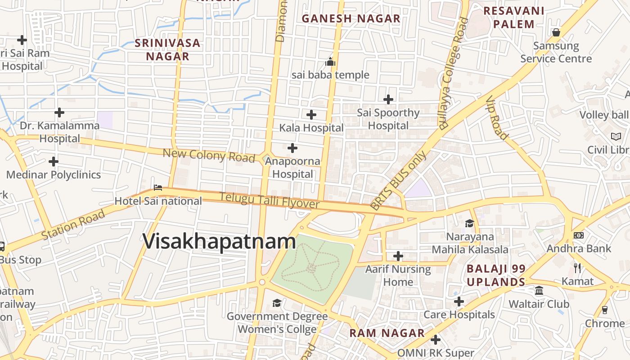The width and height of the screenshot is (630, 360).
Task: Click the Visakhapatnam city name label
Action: click(219, 242)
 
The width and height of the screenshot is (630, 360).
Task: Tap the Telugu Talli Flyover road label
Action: click(269, 200)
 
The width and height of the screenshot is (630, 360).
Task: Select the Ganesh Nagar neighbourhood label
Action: click(351, 18)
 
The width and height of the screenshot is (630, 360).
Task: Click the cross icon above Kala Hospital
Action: click(311, 114)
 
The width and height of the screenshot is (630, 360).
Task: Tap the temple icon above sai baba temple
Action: click(330, 62)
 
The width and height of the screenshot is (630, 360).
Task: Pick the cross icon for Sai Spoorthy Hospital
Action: click(388, 99)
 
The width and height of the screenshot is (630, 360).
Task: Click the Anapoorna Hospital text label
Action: click(292, 167)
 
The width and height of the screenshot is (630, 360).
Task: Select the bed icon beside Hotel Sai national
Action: click(157, 187)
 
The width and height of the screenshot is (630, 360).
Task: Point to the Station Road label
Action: click(73, 225)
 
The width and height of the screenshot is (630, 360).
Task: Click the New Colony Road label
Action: click(209, 155)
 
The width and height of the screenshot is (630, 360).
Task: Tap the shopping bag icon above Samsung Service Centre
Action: click(556, 32)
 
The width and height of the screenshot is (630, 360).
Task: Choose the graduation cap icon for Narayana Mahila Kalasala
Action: click(469, 223)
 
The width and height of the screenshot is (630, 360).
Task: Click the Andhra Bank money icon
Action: click(579, 235)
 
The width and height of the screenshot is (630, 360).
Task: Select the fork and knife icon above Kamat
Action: click(577, 268)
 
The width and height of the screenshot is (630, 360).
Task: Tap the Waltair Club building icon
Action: click(539, 291)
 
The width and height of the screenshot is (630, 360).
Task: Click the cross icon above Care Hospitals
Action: click(459, 301)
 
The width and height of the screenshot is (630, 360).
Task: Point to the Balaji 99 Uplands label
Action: click(496, 275)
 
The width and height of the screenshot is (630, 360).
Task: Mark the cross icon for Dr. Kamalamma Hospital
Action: click(59, 112)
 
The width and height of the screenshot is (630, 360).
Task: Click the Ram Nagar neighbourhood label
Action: click(387, 333)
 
